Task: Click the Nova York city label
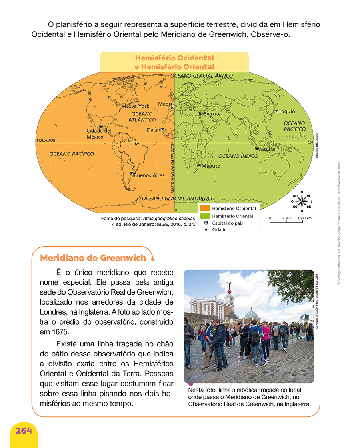point(137,106)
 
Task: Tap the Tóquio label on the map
point(287,112)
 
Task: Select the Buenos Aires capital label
point(149,175)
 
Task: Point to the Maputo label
point(211,166)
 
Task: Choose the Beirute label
point(212,113)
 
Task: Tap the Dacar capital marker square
point(162,130)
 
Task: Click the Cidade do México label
point(98,134)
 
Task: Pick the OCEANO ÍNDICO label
point(238,156)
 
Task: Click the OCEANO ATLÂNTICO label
point(142,117)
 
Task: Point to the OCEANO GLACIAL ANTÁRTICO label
point(178,198)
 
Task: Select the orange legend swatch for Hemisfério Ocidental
point(205,208)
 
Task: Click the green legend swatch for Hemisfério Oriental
point(205,216)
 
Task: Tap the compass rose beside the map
point(302,201)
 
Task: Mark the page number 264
point(24,430)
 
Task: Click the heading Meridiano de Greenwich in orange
point(93,258)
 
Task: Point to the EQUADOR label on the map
point(46,141)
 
